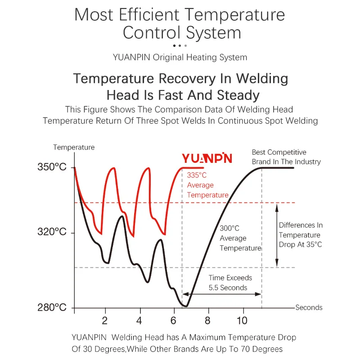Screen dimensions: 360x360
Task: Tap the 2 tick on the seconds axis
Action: pyautogui.click(x=105, y=321)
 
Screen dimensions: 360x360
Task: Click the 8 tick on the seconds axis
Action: pyautogui.click(x=207, y=321)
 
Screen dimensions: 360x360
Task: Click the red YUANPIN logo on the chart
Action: pyautogui.click(x=207, y=158)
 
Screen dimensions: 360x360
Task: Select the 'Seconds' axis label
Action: pyautogui.click(x=309, y=308)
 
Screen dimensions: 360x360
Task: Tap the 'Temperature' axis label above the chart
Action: pyautogui.click(x=74, y=147)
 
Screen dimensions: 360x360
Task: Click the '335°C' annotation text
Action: pyautogui.click(x=197, y=175)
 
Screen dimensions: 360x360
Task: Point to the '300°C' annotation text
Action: pyautogui.click(x=229, y=228)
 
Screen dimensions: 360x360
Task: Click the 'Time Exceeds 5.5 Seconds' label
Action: pyautogui.click(x=230, y=283)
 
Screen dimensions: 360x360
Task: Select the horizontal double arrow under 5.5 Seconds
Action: pyautogui.click(x=222, y=294)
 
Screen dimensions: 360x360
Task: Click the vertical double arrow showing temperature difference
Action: pyautogui.click(x=277, y=235)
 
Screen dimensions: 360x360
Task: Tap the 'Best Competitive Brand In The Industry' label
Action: pyautogui.click(x=286, y=157)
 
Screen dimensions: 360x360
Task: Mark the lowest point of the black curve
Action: pyautogui.click(x=185, y=306)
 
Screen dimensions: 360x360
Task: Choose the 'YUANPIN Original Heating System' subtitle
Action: pyautogui.click(x=180, y=57)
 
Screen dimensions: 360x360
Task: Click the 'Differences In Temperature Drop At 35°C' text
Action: pyautogui.click(x=301, y=235)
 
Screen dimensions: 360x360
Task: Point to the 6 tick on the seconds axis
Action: pyautogui.click(x=173, y=321)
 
